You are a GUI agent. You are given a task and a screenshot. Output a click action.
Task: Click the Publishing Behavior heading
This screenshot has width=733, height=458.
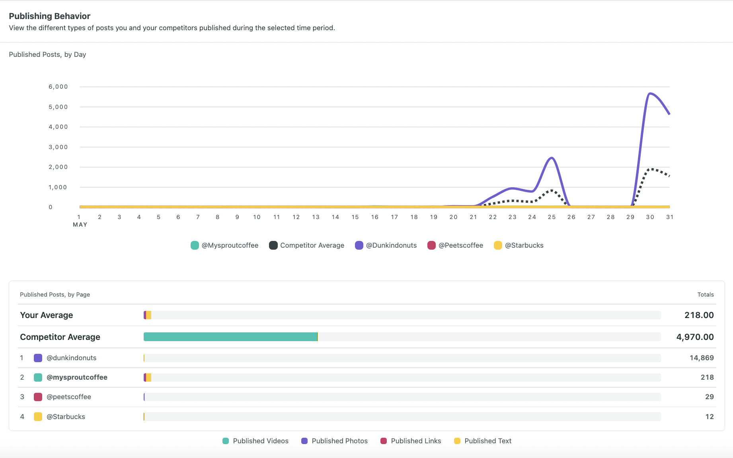[50, 16]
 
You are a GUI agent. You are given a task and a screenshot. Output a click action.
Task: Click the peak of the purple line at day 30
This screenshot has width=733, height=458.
[649, 93]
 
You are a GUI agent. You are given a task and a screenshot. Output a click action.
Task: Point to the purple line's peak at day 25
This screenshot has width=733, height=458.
[552, 158]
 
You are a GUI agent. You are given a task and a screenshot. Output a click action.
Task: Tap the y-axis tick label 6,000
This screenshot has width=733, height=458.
[58, 87]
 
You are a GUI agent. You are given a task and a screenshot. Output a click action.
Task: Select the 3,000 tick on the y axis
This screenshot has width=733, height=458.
[58, 147]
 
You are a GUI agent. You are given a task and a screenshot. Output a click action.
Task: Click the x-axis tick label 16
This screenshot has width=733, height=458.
[374, 217]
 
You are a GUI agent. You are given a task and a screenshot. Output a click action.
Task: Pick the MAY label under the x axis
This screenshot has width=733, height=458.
[80, 225]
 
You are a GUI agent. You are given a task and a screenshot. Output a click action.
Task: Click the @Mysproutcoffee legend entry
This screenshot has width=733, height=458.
[225, 245]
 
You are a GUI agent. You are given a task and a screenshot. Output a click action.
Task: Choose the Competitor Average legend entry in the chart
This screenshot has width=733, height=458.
[307, 245]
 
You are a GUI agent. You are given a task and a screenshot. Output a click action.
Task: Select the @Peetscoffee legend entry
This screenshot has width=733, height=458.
[456, 245]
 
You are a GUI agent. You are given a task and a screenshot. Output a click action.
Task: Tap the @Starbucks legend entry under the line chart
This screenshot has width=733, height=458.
[519, 245]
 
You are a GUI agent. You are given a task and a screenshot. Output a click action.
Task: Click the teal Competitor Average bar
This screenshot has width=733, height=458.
[230, 337]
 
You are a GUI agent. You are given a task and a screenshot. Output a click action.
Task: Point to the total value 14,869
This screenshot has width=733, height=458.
[701, 358]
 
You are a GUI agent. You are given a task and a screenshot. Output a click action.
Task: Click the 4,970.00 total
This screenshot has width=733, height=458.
[695, 337]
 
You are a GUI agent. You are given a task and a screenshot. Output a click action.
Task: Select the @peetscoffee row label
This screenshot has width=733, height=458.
[69, 397]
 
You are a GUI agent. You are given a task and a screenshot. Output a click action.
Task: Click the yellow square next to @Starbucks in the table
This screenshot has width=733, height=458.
[38, 417]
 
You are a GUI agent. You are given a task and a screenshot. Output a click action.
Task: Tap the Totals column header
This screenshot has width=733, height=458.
[705, 295]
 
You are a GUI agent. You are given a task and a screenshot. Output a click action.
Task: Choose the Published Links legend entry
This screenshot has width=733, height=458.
[411, 441]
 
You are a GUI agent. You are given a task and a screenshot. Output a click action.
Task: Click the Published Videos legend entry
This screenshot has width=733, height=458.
[255, 441]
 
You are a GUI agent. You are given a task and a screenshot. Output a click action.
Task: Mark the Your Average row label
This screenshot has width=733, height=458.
[47, 315]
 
